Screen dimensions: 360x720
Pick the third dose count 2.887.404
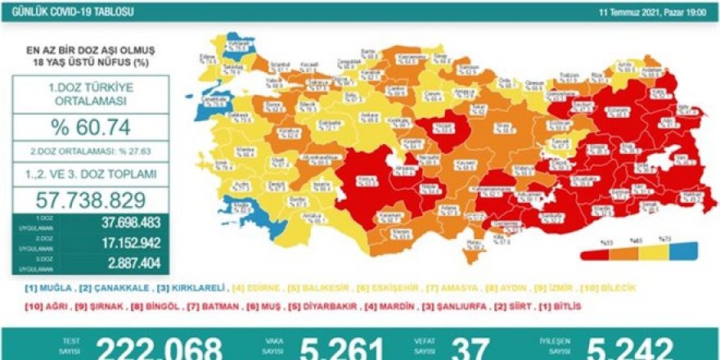(x=119, y=263)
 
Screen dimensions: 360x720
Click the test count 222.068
(x=160, y=349)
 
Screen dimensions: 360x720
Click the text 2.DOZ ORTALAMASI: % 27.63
(x=91, y=151)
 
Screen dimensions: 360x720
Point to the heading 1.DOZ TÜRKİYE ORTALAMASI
(x=91, y=93)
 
